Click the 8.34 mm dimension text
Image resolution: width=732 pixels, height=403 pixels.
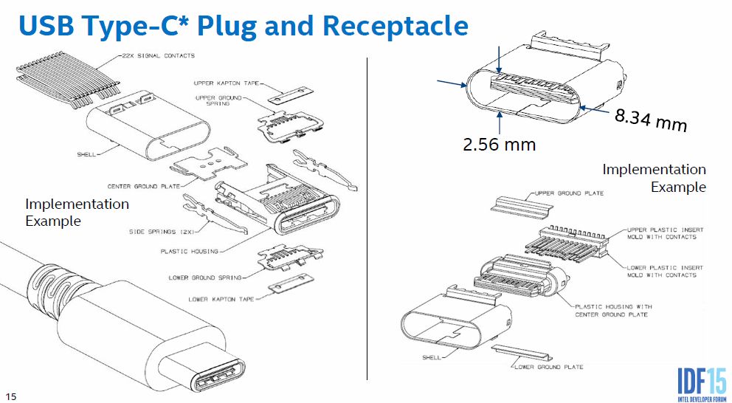[651, 120]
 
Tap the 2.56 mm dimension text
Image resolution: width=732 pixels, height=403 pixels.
[499, 144]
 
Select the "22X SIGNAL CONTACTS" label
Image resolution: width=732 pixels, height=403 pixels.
[158, 55]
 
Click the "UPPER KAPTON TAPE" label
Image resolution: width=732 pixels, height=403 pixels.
[227, 83]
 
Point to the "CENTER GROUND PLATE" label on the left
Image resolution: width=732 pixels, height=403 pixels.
[144, 186]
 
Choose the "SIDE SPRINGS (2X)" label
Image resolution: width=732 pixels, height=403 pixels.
[162, 232]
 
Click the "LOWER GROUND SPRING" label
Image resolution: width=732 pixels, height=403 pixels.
[205, 278]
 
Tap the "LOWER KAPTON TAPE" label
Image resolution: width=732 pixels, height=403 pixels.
[221, 300]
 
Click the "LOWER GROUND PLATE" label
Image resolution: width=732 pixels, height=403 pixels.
[548, 367]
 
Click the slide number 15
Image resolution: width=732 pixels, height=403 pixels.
[11, 396]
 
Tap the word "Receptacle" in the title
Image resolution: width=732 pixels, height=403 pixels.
[396, 26]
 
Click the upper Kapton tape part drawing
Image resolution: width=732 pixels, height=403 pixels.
[291, 94]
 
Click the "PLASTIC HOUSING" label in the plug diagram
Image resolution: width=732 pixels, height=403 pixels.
[189, 251]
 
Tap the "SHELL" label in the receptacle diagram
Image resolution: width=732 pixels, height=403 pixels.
[432, 358]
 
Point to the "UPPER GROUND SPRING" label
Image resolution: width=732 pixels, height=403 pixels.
[218, 100]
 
